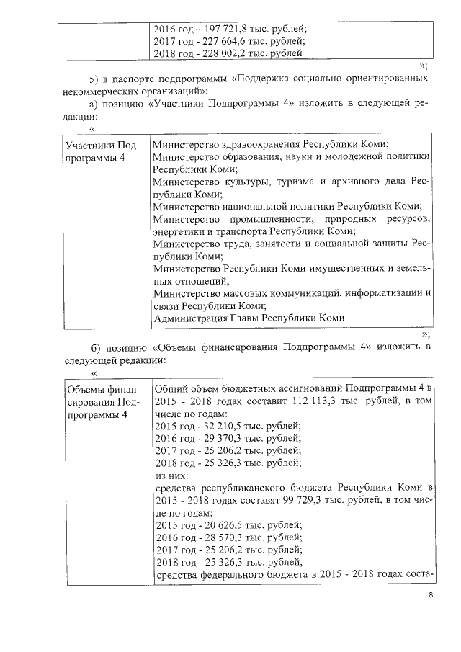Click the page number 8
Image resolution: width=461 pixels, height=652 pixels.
(x=430, y=595)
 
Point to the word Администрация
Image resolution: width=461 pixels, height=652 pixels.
(x=189, y=317)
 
